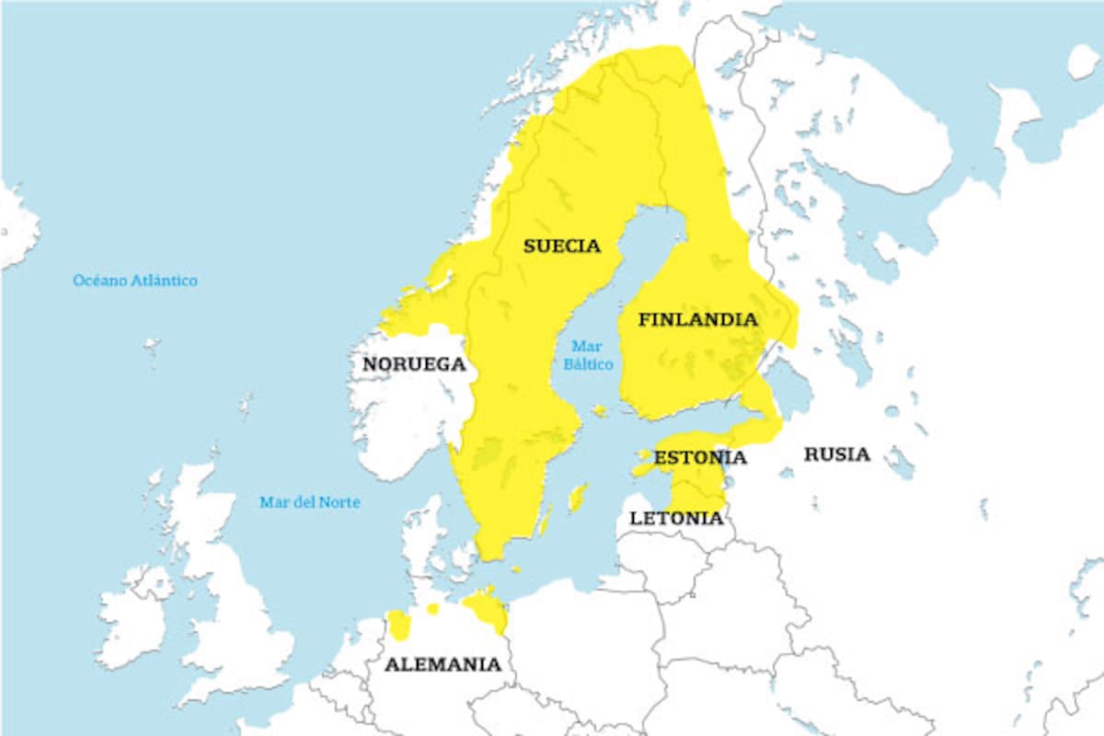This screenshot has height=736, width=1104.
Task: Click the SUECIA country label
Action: click(x=561, y=246)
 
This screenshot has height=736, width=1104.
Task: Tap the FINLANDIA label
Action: click(x=698, y=320)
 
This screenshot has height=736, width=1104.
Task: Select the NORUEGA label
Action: click(x=414, y=364)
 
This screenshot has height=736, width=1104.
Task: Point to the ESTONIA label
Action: click(x=700, y=457)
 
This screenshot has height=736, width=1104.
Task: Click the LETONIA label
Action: click(x=676, y=518)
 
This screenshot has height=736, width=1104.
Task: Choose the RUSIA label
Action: click(x=836, y=454)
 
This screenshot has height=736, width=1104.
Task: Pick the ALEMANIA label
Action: click(x=443, y=664)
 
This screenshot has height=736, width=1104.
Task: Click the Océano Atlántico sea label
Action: click(x=135, y=280)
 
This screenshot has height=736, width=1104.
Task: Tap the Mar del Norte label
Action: click(x=309, y=502)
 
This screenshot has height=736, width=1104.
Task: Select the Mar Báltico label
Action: click(x=587, y=355)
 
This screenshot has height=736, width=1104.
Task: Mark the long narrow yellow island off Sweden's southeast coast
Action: click(x=578, y=498)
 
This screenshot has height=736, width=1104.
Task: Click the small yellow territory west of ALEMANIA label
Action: click(x=398, y=625)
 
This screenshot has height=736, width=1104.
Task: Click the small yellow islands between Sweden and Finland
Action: click(x=600, y=410)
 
